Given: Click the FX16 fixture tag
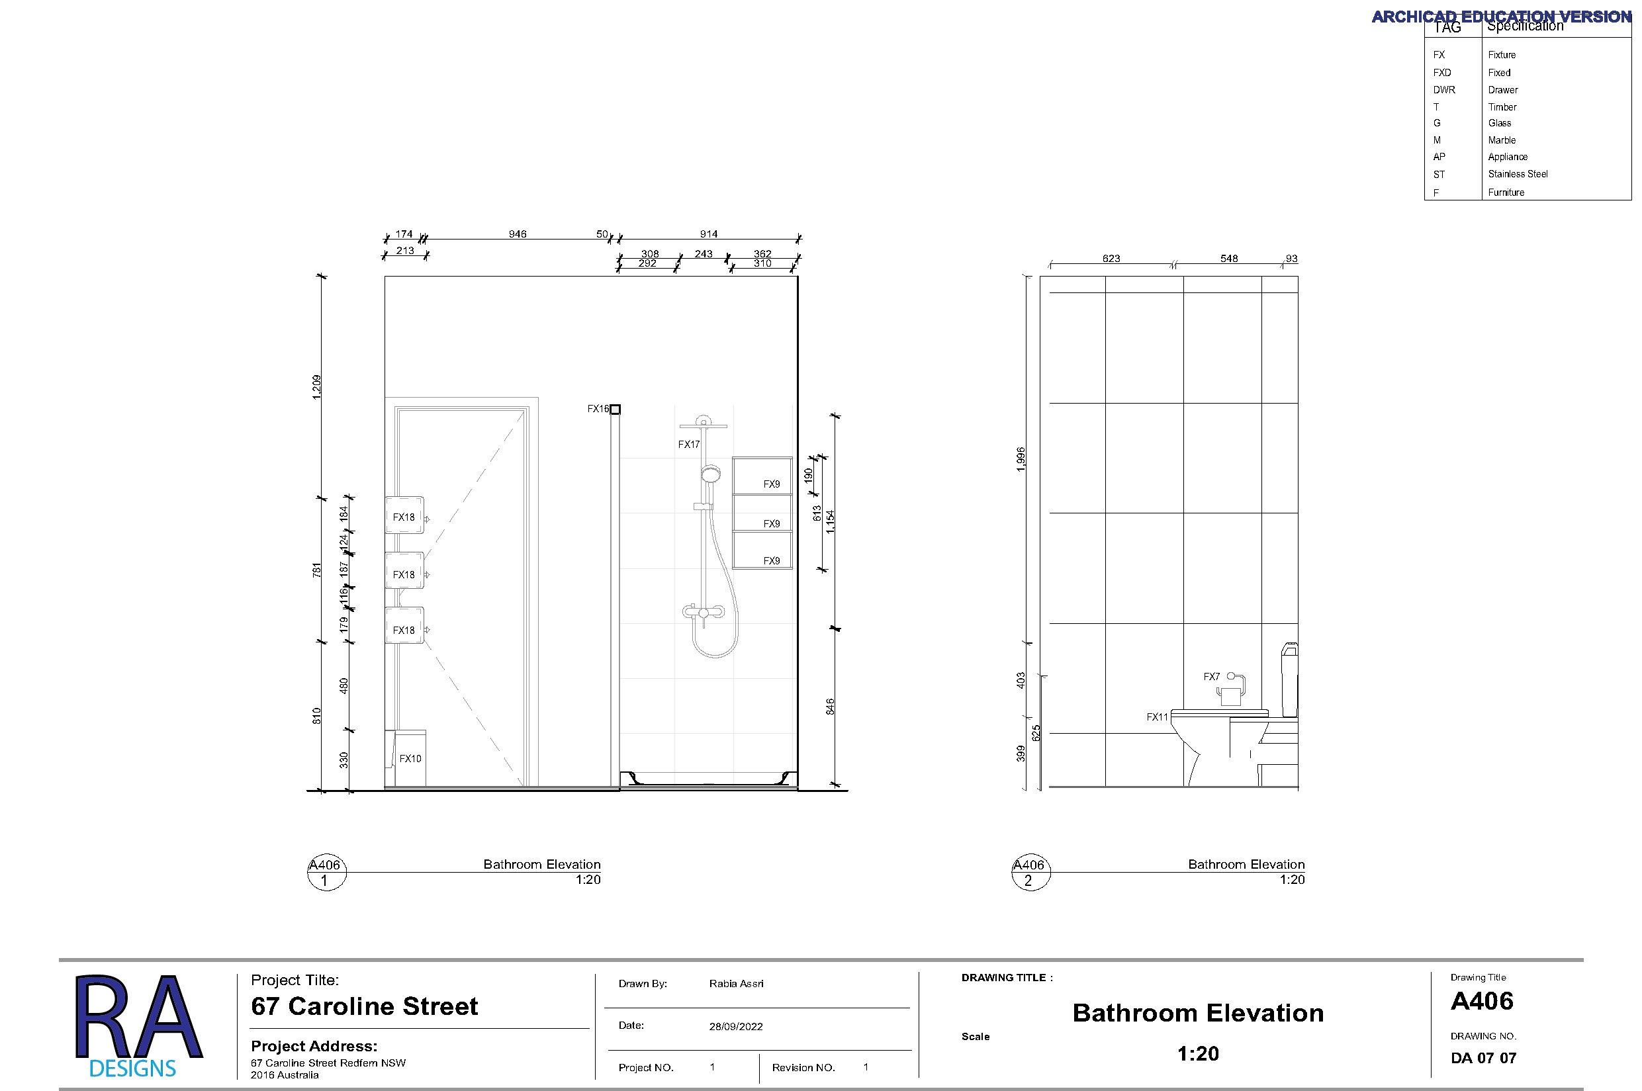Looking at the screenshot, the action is [x=598, y=409].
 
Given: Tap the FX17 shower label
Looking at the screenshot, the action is [x=688, y=445].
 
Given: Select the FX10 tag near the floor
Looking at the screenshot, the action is [x=410, y=758].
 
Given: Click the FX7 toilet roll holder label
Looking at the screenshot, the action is [x=1211, y=676].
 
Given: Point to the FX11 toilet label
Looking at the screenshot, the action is [x=1157, y=717].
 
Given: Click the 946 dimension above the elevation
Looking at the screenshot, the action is [x=517, y=234].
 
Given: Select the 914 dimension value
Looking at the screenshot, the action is [x=709, y=234].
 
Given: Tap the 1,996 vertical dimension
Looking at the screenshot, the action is [x=1021, y=459].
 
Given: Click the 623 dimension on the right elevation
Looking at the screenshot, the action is [x=1111, y=258].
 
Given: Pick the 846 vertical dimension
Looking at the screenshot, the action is [x=830, y=707].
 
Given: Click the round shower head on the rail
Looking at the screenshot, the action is [x=710, y=474].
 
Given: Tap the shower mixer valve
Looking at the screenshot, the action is [x=704, y=612].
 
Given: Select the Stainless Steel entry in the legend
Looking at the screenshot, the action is [x=1518, y=174].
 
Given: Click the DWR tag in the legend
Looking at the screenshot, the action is [x=1443, y=90].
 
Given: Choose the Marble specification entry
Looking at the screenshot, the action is [x=1502, y=140].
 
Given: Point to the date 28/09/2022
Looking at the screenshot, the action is [x=736, y=1026].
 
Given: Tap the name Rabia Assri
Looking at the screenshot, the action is [x=736, y=983].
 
